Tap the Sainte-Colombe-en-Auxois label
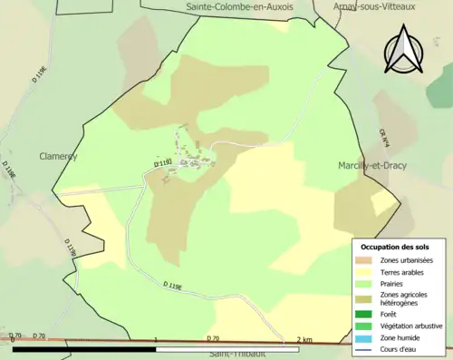(237, 6)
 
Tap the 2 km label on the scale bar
(305, 339)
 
